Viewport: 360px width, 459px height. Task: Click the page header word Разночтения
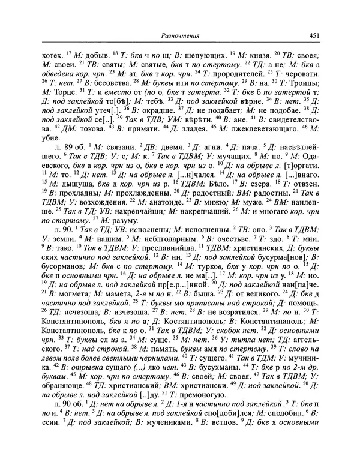179,36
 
